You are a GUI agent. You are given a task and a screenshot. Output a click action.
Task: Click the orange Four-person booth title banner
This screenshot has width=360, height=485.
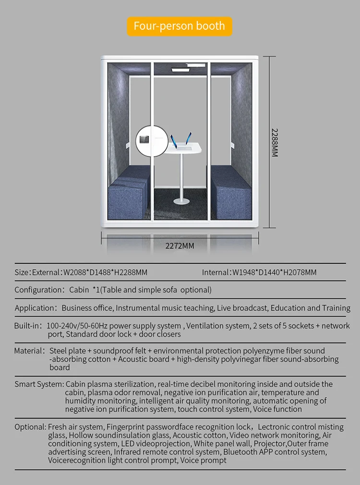click(x=179, y=26)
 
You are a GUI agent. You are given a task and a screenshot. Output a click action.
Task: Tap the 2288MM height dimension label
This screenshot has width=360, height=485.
click(x=275, y=142)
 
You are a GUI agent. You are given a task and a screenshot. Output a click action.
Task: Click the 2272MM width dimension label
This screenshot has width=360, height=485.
click(x=180, y=246)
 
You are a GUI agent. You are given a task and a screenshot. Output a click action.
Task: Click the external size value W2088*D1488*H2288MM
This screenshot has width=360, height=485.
click(x=105, y=272)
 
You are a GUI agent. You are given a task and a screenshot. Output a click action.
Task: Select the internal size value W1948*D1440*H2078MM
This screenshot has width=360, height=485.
click(x=274, y=272)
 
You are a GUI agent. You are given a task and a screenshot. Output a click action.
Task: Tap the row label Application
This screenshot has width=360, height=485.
click(x=36, y=308)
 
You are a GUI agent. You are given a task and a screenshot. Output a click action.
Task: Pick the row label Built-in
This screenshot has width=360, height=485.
click(x=28, y=326)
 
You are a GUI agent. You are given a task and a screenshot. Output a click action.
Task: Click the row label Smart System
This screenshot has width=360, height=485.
click(x=39, y=384)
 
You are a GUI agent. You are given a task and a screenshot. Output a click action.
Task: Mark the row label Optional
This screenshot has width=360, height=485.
click(x=30, y=427)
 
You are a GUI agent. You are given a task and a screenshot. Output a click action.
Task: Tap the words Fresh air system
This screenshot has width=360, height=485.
click(x=75, y=427)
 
